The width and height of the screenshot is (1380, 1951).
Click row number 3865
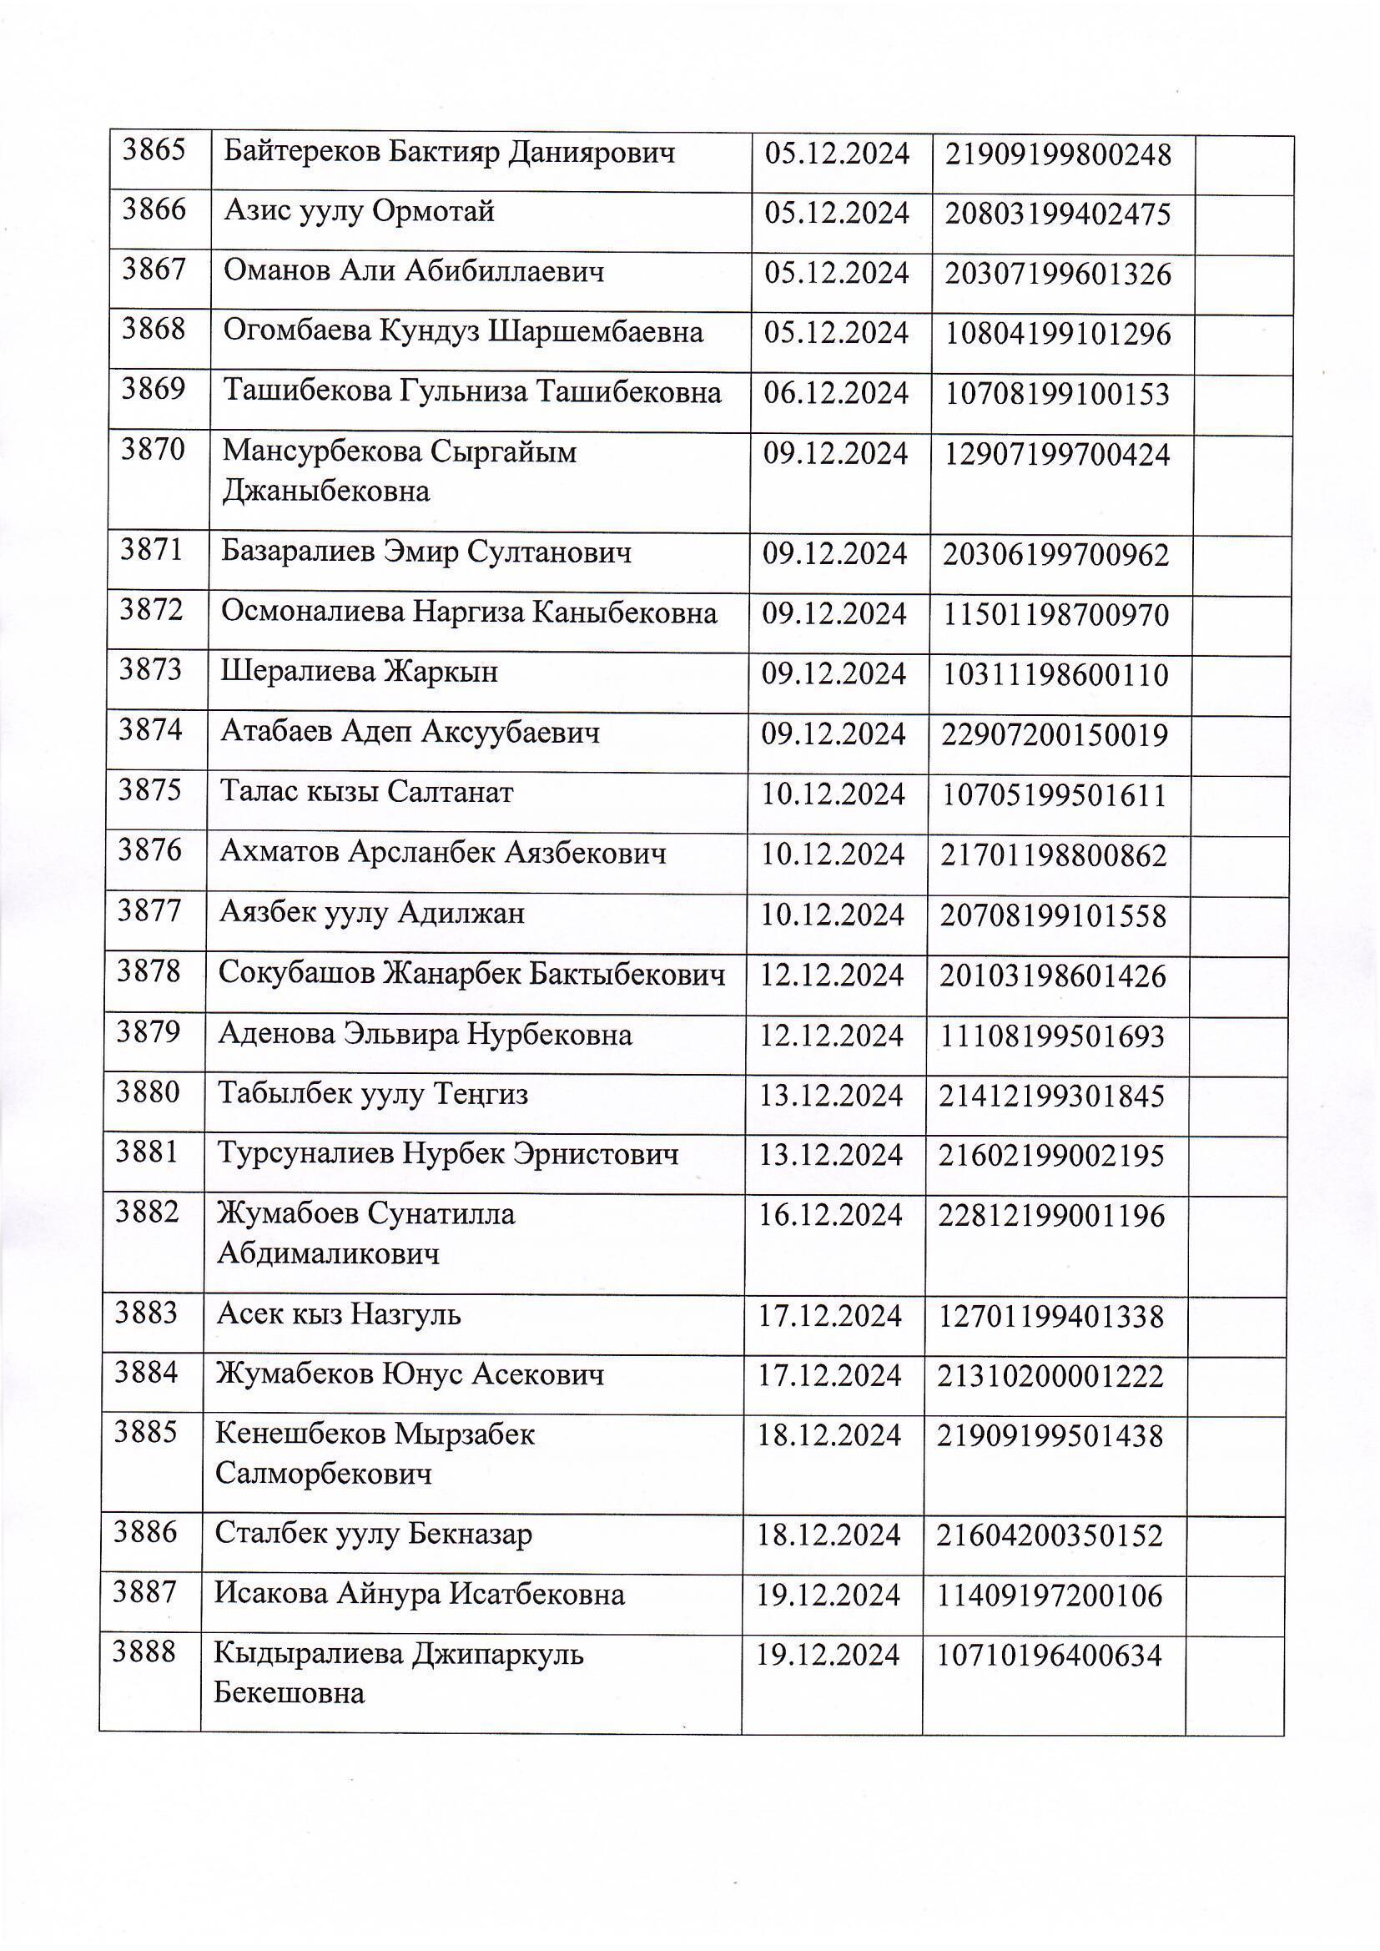pos(154,150)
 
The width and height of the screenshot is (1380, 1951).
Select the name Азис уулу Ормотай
pos(359,212)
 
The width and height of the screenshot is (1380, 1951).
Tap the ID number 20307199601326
pos(1059,274)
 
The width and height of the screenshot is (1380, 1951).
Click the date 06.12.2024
pos(836,393)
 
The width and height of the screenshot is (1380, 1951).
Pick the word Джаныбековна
pos(325,492)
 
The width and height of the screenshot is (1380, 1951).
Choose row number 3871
pos(151,551)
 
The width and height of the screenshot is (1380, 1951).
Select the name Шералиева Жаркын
pos(359,672)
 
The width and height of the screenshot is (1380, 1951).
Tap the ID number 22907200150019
pos(1055,735)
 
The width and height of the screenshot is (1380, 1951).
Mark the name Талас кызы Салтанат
pos(366,793)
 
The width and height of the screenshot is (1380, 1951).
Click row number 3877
pos(149,912)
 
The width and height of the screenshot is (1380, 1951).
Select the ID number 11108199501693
pos(1052,1036)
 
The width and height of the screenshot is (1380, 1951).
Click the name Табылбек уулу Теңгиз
pos(373,1094)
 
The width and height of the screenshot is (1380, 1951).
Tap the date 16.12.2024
pos(830,1216)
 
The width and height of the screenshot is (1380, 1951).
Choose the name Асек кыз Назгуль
pos(338,1315)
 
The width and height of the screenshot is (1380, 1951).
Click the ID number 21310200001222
pos(1050,1376)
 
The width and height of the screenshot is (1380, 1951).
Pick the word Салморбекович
pos(324,1474)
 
